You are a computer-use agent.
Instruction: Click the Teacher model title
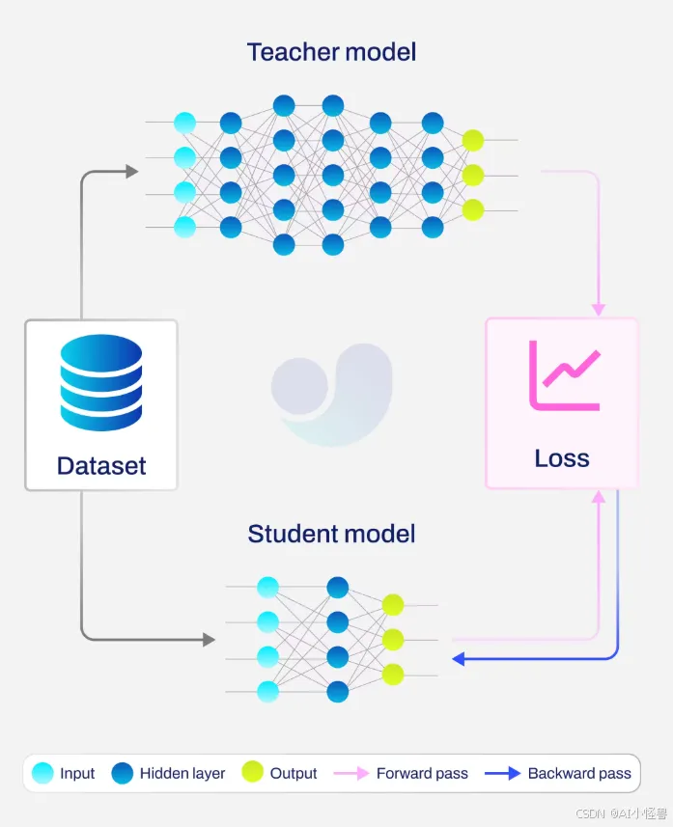coord(331,52)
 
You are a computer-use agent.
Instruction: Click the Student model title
coord(331,534)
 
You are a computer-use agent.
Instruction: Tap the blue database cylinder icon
coord(101,382)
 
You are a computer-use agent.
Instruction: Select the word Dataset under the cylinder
coord(101,466)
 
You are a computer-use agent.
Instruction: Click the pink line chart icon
coord(564,375)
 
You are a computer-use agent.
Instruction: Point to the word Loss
coord(562,458)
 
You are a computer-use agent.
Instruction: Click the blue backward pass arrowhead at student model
coord(459,659)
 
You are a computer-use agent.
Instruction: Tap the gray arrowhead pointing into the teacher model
coord(132,171)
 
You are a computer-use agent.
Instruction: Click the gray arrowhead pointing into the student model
coord(209,640)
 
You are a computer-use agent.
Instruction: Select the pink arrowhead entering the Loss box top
coord(598,310)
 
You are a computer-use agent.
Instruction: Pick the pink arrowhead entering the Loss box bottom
coord(598,496)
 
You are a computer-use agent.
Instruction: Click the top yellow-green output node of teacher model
coord(473,140)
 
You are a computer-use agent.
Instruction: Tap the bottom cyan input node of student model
coord(267,692)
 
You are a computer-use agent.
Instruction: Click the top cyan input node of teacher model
coord(184,123)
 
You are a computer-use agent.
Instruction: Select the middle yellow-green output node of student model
coord(393,640)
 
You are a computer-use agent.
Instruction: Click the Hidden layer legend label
coord(182,773)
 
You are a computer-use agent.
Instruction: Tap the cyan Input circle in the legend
coord(42,773)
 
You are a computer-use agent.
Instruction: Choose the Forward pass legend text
coord(422,773)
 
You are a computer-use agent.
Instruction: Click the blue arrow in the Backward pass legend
coord(502,774)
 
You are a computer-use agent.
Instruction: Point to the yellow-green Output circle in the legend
coord(252,772)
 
